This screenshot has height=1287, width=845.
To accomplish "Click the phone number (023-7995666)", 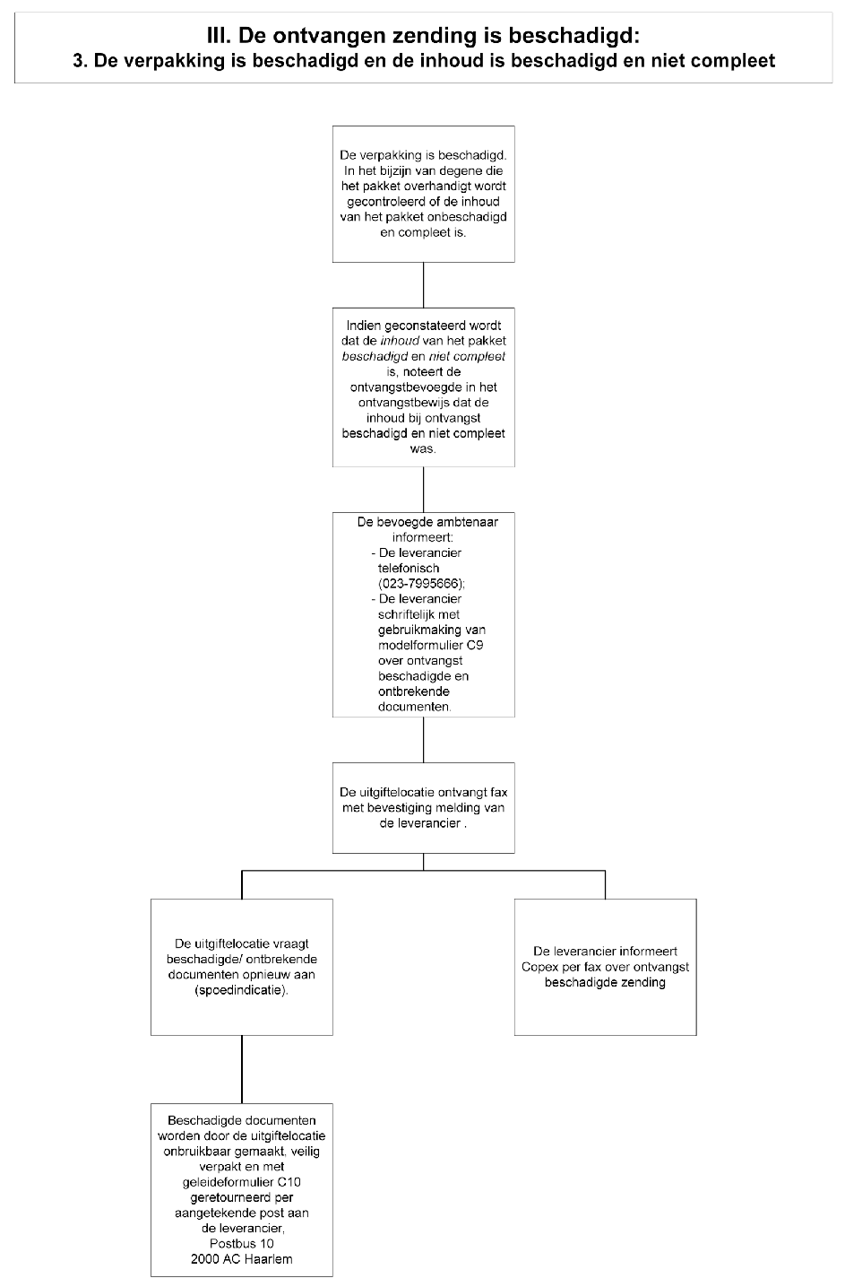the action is coord(422,584).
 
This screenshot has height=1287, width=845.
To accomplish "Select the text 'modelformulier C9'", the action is coord(430,645).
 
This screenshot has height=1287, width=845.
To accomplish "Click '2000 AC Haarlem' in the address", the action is coord(242,1259).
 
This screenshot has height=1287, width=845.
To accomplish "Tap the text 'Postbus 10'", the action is coord(242,1244).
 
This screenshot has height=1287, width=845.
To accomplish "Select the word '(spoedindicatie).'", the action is coord(242,990).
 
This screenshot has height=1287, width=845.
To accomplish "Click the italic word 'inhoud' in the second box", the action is coord(400,341).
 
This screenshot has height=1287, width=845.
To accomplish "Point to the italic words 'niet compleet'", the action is coord(467,356).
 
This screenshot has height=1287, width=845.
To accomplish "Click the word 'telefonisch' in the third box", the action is coord(409,569).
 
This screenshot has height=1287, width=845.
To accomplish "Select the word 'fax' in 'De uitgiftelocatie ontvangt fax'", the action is coord(499,792).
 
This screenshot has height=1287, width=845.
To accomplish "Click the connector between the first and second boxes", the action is coord(424,285).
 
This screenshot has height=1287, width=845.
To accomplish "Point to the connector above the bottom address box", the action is coord(242,1069).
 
